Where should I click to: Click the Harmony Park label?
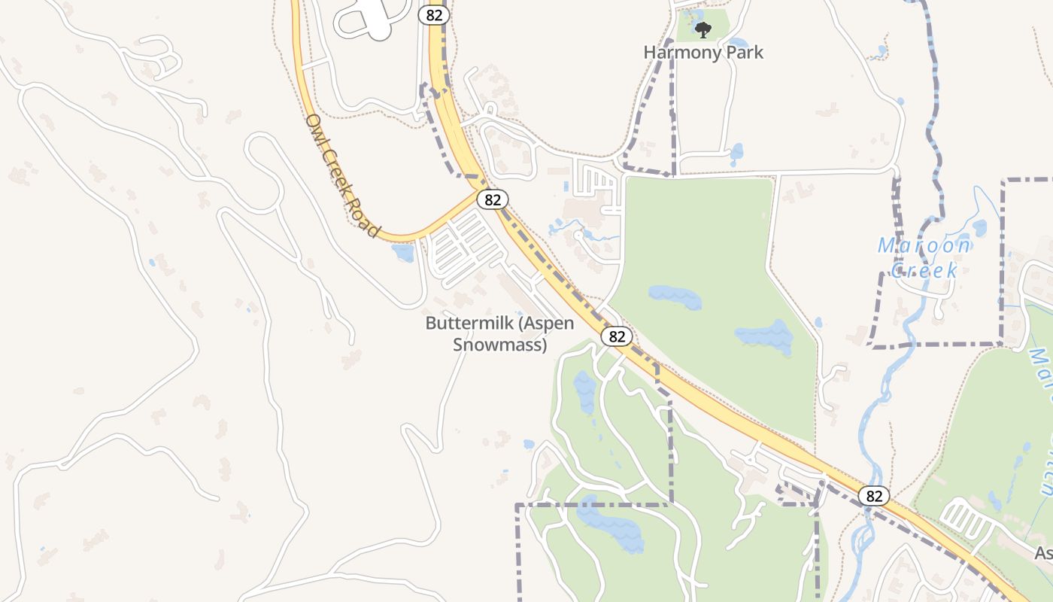pyautogui.click(x=703, y=53)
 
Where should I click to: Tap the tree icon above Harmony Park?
pyautogui.click(x=703, y=30)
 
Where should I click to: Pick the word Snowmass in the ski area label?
pyautogui.click(x=499, y=345)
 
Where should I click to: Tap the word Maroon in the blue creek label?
pyautogui.click(x=924, y=246)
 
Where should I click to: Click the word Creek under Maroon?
pyautogui.click(x=924, y=271)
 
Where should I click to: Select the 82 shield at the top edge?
pyautogui.click(x=435, y=15)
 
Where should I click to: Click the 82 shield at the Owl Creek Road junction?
pyautogui.click(x=493, y=199)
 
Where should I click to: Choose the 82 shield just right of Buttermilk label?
pyautogui.click(x=617, y=336)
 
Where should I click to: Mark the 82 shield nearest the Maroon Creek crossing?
pyautogui.click(x=874, y=496)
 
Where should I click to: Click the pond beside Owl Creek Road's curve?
pyautogui.click(x=403, y=253)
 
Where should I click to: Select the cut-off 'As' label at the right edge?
pyautogui.click(x=1044, y=554)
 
